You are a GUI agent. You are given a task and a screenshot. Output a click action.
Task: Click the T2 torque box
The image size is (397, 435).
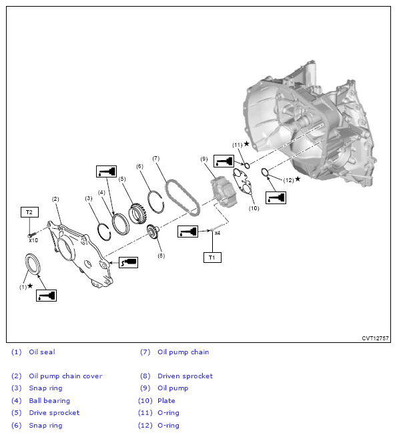coord(29,212)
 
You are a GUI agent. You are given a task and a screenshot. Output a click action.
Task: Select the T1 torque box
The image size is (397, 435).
coord(212,258)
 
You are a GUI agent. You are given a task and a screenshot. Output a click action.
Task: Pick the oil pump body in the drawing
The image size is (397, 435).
coord(224,191)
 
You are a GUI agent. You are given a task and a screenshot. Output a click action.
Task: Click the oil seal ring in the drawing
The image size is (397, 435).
coord(33,264)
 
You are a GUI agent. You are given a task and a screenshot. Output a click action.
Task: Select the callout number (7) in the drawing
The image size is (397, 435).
coord(156,158)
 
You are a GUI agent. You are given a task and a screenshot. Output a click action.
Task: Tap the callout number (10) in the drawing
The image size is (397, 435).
coord(254,208)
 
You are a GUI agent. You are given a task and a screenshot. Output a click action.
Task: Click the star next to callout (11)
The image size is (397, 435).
coord(246,143)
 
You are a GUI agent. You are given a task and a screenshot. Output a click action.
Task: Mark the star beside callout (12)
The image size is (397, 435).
coord(298,179)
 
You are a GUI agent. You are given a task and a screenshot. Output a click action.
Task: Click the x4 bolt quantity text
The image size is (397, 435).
coord(218,233)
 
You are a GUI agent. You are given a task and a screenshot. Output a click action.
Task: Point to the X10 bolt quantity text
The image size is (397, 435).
coord(33,240)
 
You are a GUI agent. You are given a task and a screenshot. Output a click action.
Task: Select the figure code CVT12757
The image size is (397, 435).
coord(375,338)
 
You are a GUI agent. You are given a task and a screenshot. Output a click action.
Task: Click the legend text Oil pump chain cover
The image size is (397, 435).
coord(65,376)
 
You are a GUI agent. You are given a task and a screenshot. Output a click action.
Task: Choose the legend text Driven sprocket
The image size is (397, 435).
coord(185,376)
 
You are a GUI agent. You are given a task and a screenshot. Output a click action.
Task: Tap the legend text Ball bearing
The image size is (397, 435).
coord(49,400)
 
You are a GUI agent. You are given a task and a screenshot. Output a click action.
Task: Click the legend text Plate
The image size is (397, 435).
coord(166,400)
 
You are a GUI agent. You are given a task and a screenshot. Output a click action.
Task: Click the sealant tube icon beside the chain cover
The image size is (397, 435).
coord(129,262)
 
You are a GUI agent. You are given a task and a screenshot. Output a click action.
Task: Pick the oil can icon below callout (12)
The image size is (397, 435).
coord(276,197)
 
